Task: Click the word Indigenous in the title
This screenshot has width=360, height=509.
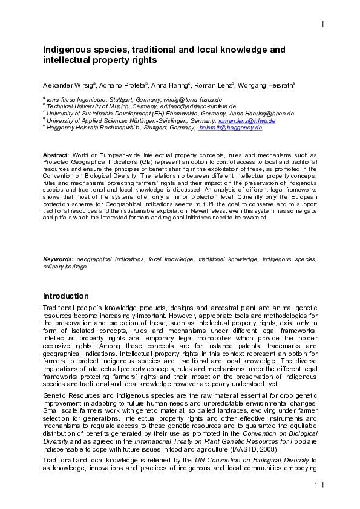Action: [x=66, y=49]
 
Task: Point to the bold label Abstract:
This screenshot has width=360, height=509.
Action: [x=56, y=155]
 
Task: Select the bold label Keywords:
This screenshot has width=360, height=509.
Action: [x=59, y=259]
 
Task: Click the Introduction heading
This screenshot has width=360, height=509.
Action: [x=65, y=296]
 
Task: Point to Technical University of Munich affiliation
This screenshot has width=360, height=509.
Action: [x=85, y=106]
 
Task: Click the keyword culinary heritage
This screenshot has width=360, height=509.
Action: [x=65, y=266]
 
